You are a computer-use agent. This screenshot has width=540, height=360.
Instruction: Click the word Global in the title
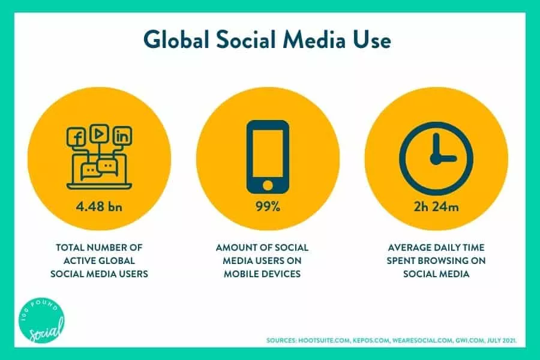point(176,40)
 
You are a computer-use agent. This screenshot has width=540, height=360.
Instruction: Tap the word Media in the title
point(314,40)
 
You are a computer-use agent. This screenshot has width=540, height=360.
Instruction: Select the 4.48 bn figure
point(99,206)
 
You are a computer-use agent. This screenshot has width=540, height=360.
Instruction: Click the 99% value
point(268,206)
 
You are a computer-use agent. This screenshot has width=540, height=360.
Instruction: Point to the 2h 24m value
point(436,206)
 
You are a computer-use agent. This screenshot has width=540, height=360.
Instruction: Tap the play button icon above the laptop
point(99,134)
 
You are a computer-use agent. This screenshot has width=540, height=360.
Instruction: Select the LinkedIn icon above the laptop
point(122,136)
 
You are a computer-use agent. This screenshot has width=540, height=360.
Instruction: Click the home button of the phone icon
point(268,185)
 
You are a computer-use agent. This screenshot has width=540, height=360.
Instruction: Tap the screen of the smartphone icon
point(268,154)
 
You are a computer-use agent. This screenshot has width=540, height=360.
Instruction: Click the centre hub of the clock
point(436,159)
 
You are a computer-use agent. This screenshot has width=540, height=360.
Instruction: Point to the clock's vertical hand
point(436,145)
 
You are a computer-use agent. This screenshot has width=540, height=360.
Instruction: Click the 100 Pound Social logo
point(41,320)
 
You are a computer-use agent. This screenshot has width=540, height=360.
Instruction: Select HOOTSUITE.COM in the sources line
point(324,341)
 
